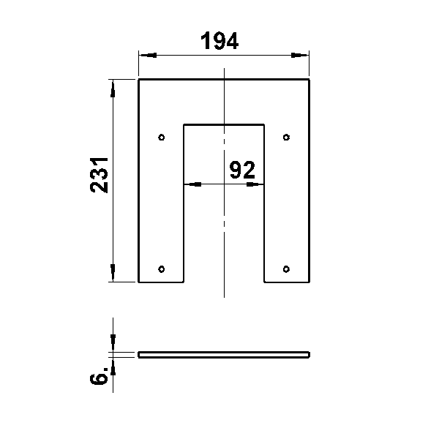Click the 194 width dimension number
[219, 40]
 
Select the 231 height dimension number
[99, 176]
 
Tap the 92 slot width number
[242, 170]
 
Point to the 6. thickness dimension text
[99, 375]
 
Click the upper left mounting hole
[162, 138]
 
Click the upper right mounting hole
[286, 138]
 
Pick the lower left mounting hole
[162, 269]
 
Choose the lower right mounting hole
[286, 269]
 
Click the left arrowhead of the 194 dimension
[148, 55]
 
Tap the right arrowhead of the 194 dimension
[300, 55]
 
